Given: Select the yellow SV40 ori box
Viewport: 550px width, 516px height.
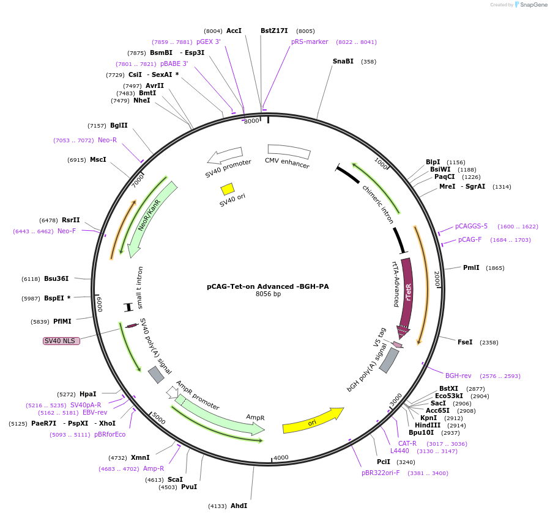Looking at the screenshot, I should click(x=228, y=189).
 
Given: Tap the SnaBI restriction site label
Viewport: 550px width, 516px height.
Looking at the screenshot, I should click(x=343, y=61).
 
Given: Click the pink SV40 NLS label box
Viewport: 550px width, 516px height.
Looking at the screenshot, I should click(x=61, y=340).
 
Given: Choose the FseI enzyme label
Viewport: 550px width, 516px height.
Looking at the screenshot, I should click(x=465, y=342).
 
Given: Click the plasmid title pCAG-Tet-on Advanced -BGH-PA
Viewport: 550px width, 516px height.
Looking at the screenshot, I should click(x=267, y=286).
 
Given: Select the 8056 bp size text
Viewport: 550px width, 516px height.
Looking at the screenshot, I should click(x=268, y=294).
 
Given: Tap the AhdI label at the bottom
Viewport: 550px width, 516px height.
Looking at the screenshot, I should click(x=239, y=506).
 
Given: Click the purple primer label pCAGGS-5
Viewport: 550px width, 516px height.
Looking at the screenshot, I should click(x=471, y=226).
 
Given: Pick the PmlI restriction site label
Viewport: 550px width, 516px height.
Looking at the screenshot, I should click(x=471, y=267).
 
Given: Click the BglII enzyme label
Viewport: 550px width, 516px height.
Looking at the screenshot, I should click(x=119, y=125).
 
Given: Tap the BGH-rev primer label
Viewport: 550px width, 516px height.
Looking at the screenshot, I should click(x=458, y=376).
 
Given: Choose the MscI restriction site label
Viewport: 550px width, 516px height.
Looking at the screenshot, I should click(x=98, y=159).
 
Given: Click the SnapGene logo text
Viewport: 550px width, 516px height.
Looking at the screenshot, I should click(x=532, y=5).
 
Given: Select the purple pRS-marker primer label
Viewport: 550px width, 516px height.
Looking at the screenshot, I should click(x=310, y=42).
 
